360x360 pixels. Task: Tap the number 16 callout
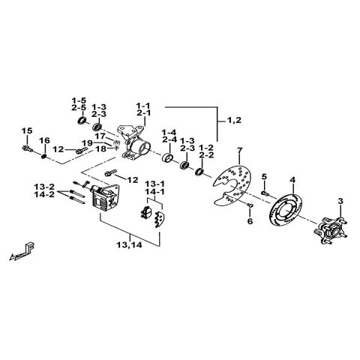(44, 140)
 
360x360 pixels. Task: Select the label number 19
(87, 142)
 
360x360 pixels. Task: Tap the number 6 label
(250, 221)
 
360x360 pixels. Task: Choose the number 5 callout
(264, 176)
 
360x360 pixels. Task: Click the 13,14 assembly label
(128, 244)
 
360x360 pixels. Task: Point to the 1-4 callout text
(168, 133)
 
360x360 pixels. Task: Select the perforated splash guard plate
(229, 184)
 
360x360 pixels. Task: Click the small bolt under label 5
(265, 192)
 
